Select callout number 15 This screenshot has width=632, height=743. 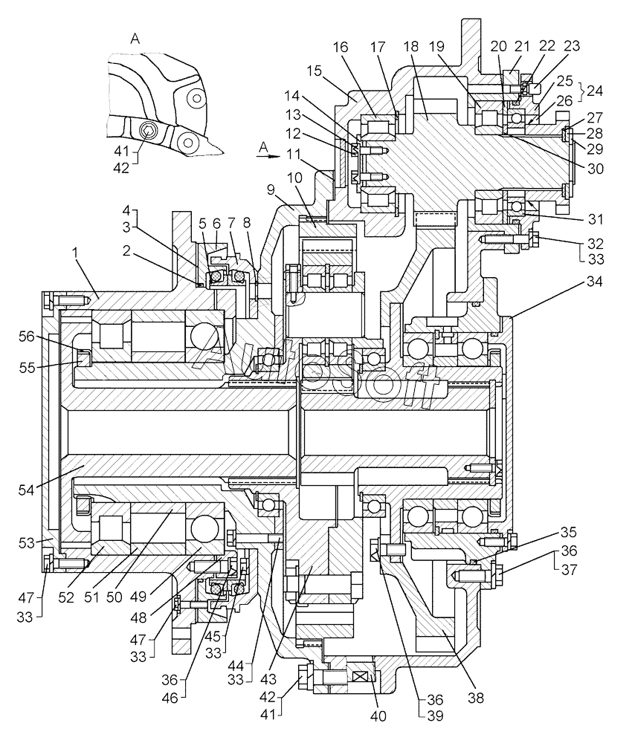coord(313,71)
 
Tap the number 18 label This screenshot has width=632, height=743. coord(411,46)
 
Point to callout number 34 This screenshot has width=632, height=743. coord(594,282)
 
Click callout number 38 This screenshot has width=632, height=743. coord(476,698)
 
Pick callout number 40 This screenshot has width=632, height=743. coord(378,716)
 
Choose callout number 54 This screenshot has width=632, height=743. coord(27,490)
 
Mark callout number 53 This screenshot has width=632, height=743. coord(27,543)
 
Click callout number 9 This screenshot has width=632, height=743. coord(270,190)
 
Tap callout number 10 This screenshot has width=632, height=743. coord(294,178)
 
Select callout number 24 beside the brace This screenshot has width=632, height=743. coord(595,90)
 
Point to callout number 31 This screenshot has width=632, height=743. coord(596,219)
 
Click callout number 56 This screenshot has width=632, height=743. coord(27,337)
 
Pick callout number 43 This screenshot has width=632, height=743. coord(268,679)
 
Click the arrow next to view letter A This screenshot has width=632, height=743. coord(266,155)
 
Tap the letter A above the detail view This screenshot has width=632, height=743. coord(135,39)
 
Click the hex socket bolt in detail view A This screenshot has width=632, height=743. coord(148,130)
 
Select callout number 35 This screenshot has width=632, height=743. coord(568,532)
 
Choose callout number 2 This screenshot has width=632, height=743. coord(126,250)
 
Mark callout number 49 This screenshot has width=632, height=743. coord(138,598)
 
